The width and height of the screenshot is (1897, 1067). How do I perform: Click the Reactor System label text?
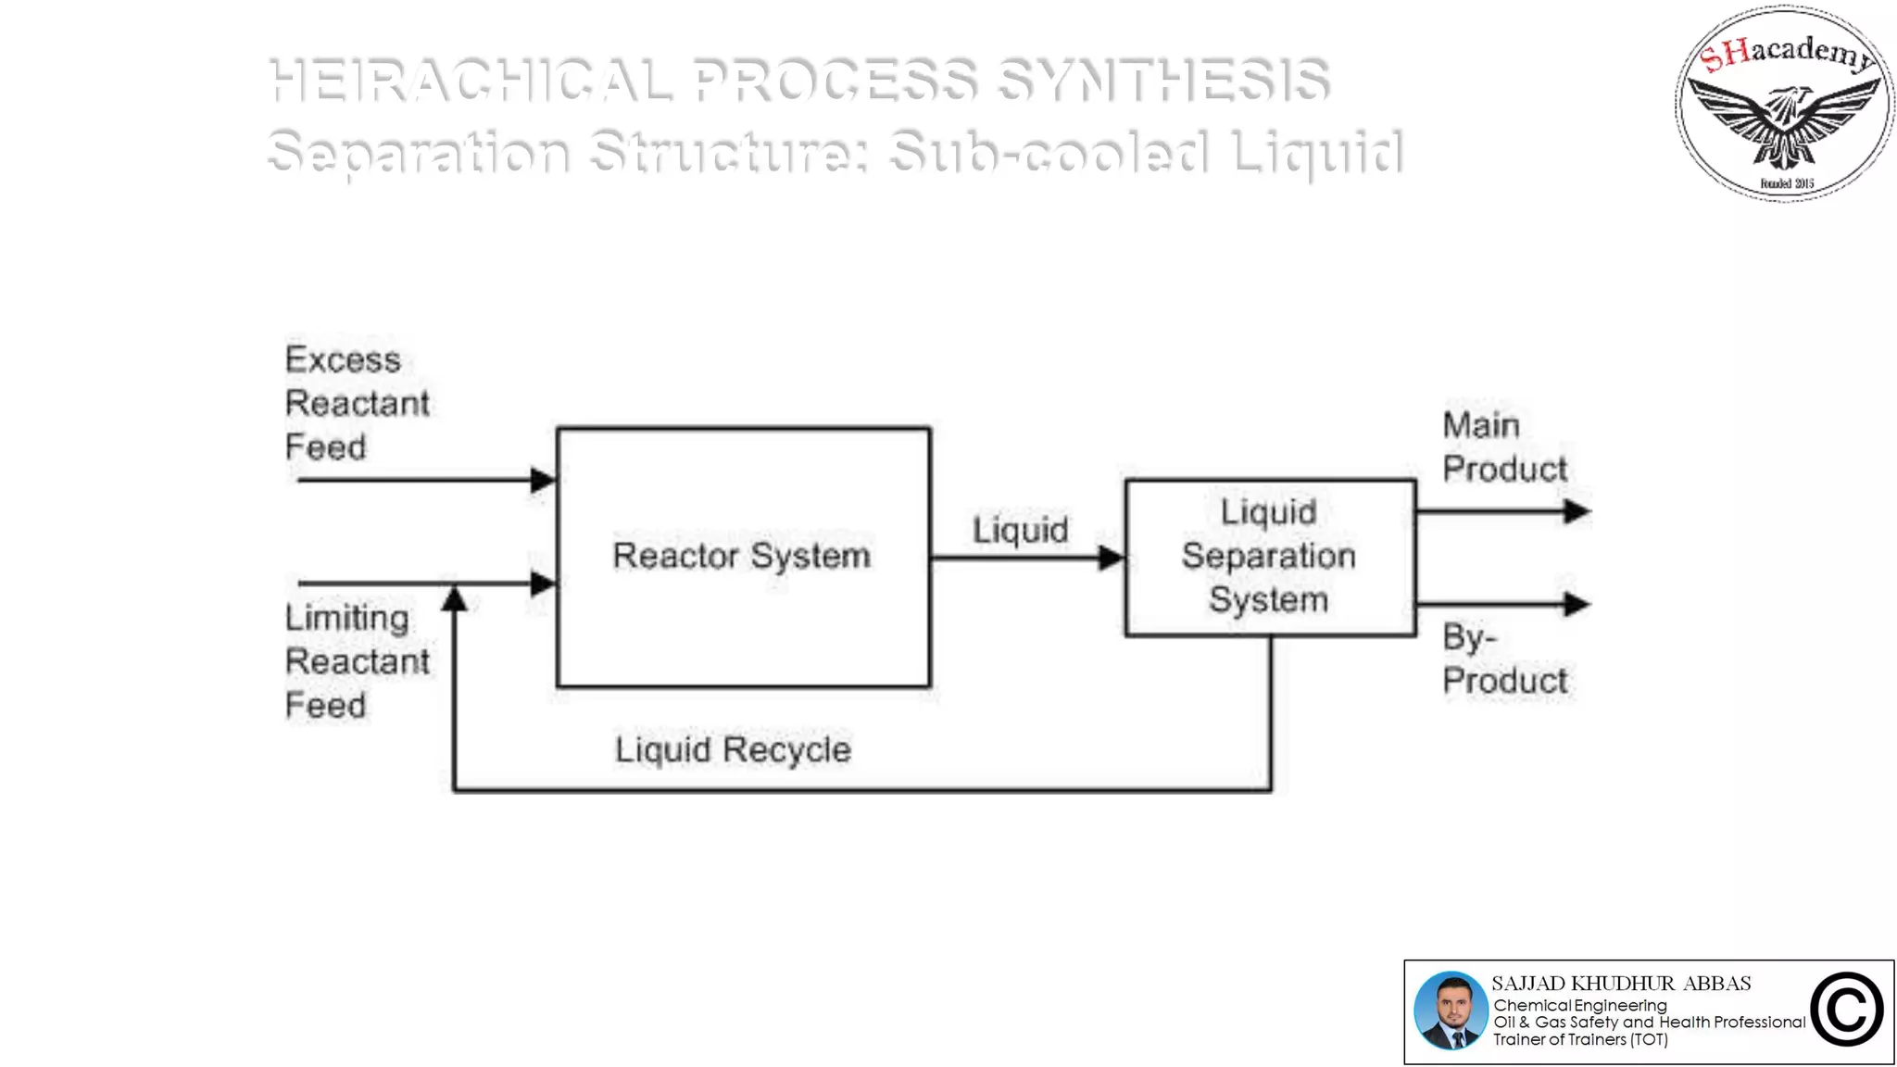(741, 556)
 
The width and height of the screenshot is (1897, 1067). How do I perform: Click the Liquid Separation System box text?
(1268, 556)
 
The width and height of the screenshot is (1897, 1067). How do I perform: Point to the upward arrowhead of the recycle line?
(454, 599)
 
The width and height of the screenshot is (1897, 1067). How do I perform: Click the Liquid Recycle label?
(733, 749)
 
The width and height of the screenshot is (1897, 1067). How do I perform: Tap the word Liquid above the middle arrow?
(1020, 530)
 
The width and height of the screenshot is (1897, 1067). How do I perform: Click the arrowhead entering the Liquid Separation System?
(1111, 558)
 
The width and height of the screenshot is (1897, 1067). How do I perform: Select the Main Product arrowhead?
(1577, 511)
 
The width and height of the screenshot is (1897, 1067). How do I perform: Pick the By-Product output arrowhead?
(1577, 604)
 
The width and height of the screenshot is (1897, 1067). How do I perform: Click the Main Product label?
(1504, 447)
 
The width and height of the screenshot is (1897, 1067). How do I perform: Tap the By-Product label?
(1504, 659)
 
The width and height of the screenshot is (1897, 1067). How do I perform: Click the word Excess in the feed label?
(343, 359)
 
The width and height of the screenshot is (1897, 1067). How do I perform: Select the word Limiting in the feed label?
(346, 618)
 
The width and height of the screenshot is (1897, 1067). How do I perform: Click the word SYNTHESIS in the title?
(1163, 80)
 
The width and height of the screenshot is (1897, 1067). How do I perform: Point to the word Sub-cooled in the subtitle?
(1048, 152)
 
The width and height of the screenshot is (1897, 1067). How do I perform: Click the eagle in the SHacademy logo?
(1784, 120)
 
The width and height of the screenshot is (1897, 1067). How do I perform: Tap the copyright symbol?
(1846, 1011)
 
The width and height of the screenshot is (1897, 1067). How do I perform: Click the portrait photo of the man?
(1451, 1011)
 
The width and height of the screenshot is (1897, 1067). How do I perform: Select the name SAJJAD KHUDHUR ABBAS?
(1621, 984)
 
